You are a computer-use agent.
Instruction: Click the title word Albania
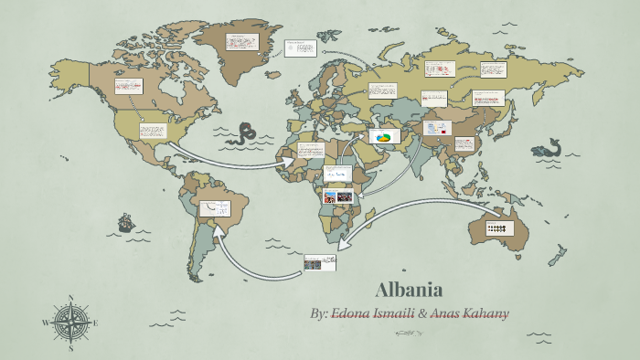click(x=409, y=291)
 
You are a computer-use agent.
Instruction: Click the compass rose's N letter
click(x=71, y=299)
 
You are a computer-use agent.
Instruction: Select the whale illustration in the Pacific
click(x=549, y=149)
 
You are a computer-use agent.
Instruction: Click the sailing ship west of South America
click(x=125, y=222)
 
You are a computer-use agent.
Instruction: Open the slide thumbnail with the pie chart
click(x=384, y=137)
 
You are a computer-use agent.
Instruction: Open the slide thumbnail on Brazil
click(x=216, y=208)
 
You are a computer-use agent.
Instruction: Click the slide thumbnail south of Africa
click(x=319, y=263)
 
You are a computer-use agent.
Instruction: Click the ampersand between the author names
click(x=422, y=313)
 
